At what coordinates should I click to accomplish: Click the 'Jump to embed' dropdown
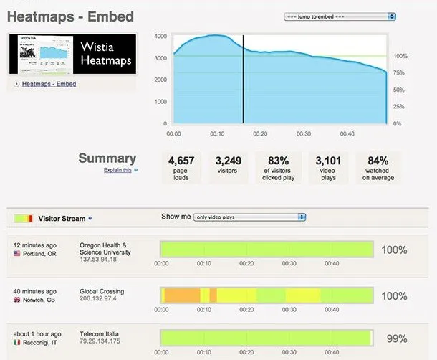coord(340,16)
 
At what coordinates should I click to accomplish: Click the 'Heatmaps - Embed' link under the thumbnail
coord(49,84)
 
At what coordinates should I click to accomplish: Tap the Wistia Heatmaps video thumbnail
coord(72,54)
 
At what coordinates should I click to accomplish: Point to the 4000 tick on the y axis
coord(160,36)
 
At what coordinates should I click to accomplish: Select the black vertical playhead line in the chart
coord(243,79)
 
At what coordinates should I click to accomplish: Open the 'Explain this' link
coord(117,170)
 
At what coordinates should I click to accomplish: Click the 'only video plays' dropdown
coord(250,217)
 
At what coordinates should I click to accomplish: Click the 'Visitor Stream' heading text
coord(63,218)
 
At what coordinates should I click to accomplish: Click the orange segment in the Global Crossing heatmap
coord(182,295)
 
